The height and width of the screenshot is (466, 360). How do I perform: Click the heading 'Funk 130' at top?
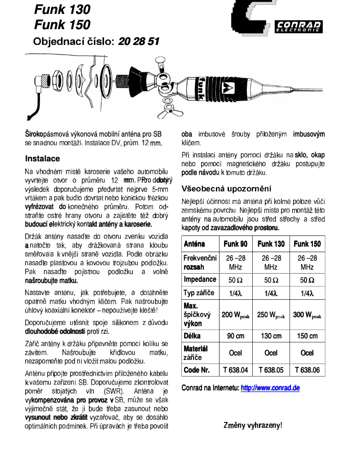click(x=62, y=9)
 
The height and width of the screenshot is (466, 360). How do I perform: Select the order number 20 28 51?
click(x=139, y=42)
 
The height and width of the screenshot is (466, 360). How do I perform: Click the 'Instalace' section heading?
click(x=42, y=159)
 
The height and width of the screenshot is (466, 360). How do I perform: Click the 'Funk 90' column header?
click(x=235, y=244)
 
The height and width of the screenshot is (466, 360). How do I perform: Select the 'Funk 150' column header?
click(x=307, y=244)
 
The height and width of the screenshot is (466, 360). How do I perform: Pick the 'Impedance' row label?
click(x=200, y=280)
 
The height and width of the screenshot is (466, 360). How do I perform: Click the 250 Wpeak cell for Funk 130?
click(x=271, y=315)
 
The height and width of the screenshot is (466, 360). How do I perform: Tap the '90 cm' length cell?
click(x=235, y=336)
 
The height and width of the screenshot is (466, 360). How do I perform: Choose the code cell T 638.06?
click(x=307, y=370)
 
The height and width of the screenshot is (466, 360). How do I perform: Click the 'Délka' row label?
click(x=192, y=336)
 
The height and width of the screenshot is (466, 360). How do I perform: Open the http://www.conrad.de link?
click(x=270, y=388)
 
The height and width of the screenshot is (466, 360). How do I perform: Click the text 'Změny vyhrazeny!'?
click(x=253, y=425)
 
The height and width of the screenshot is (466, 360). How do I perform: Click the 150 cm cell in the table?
click(x=307, y=336)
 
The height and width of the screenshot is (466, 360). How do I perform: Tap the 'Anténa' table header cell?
click(x=194, y=244)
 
